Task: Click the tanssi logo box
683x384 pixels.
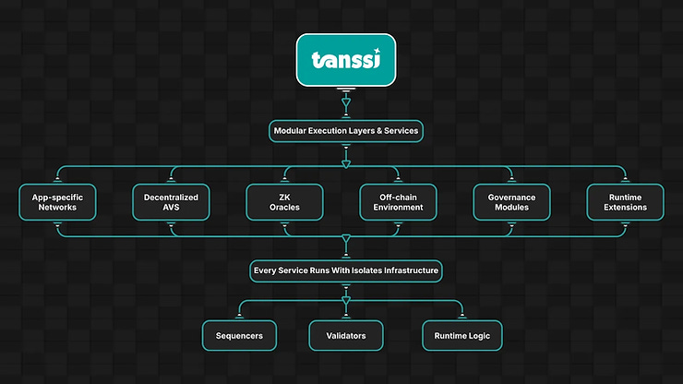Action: tap(346, 61)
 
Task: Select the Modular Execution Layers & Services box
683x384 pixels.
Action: tap(346, 131)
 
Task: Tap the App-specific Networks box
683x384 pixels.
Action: tap(58, 201)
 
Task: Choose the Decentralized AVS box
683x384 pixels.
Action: tap(172, 201)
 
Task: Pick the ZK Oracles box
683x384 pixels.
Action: tap(285, 201)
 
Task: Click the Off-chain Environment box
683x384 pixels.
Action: tap(399, 201)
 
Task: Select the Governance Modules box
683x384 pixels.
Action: tap(512, 201)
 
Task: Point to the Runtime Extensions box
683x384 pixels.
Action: tap(626, 201)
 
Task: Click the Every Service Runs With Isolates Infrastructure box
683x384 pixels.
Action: tap(346, 271)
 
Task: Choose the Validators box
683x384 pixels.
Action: tap(346, 336)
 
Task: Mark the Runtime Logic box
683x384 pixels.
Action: tap(462, 336)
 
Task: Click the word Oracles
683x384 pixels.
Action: tap(285, 208)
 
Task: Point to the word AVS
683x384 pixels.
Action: tap(172, 208)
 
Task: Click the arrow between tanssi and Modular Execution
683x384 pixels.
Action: tap(346, 105)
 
